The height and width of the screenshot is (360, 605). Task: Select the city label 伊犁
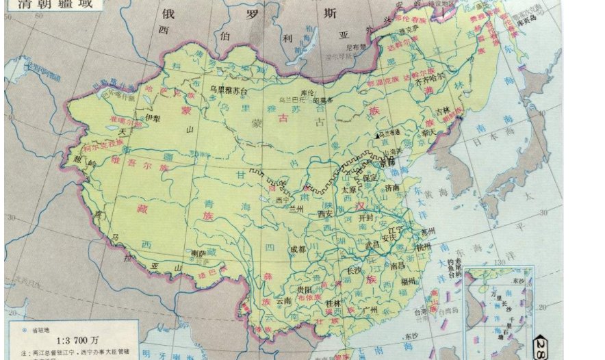[153, 118]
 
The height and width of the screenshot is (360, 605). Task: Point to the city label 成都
[298, 249]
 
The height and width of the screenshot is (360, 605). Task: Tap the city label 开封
[368, 216]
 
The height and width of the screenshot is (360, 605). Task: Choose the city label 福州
[409, 281]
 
